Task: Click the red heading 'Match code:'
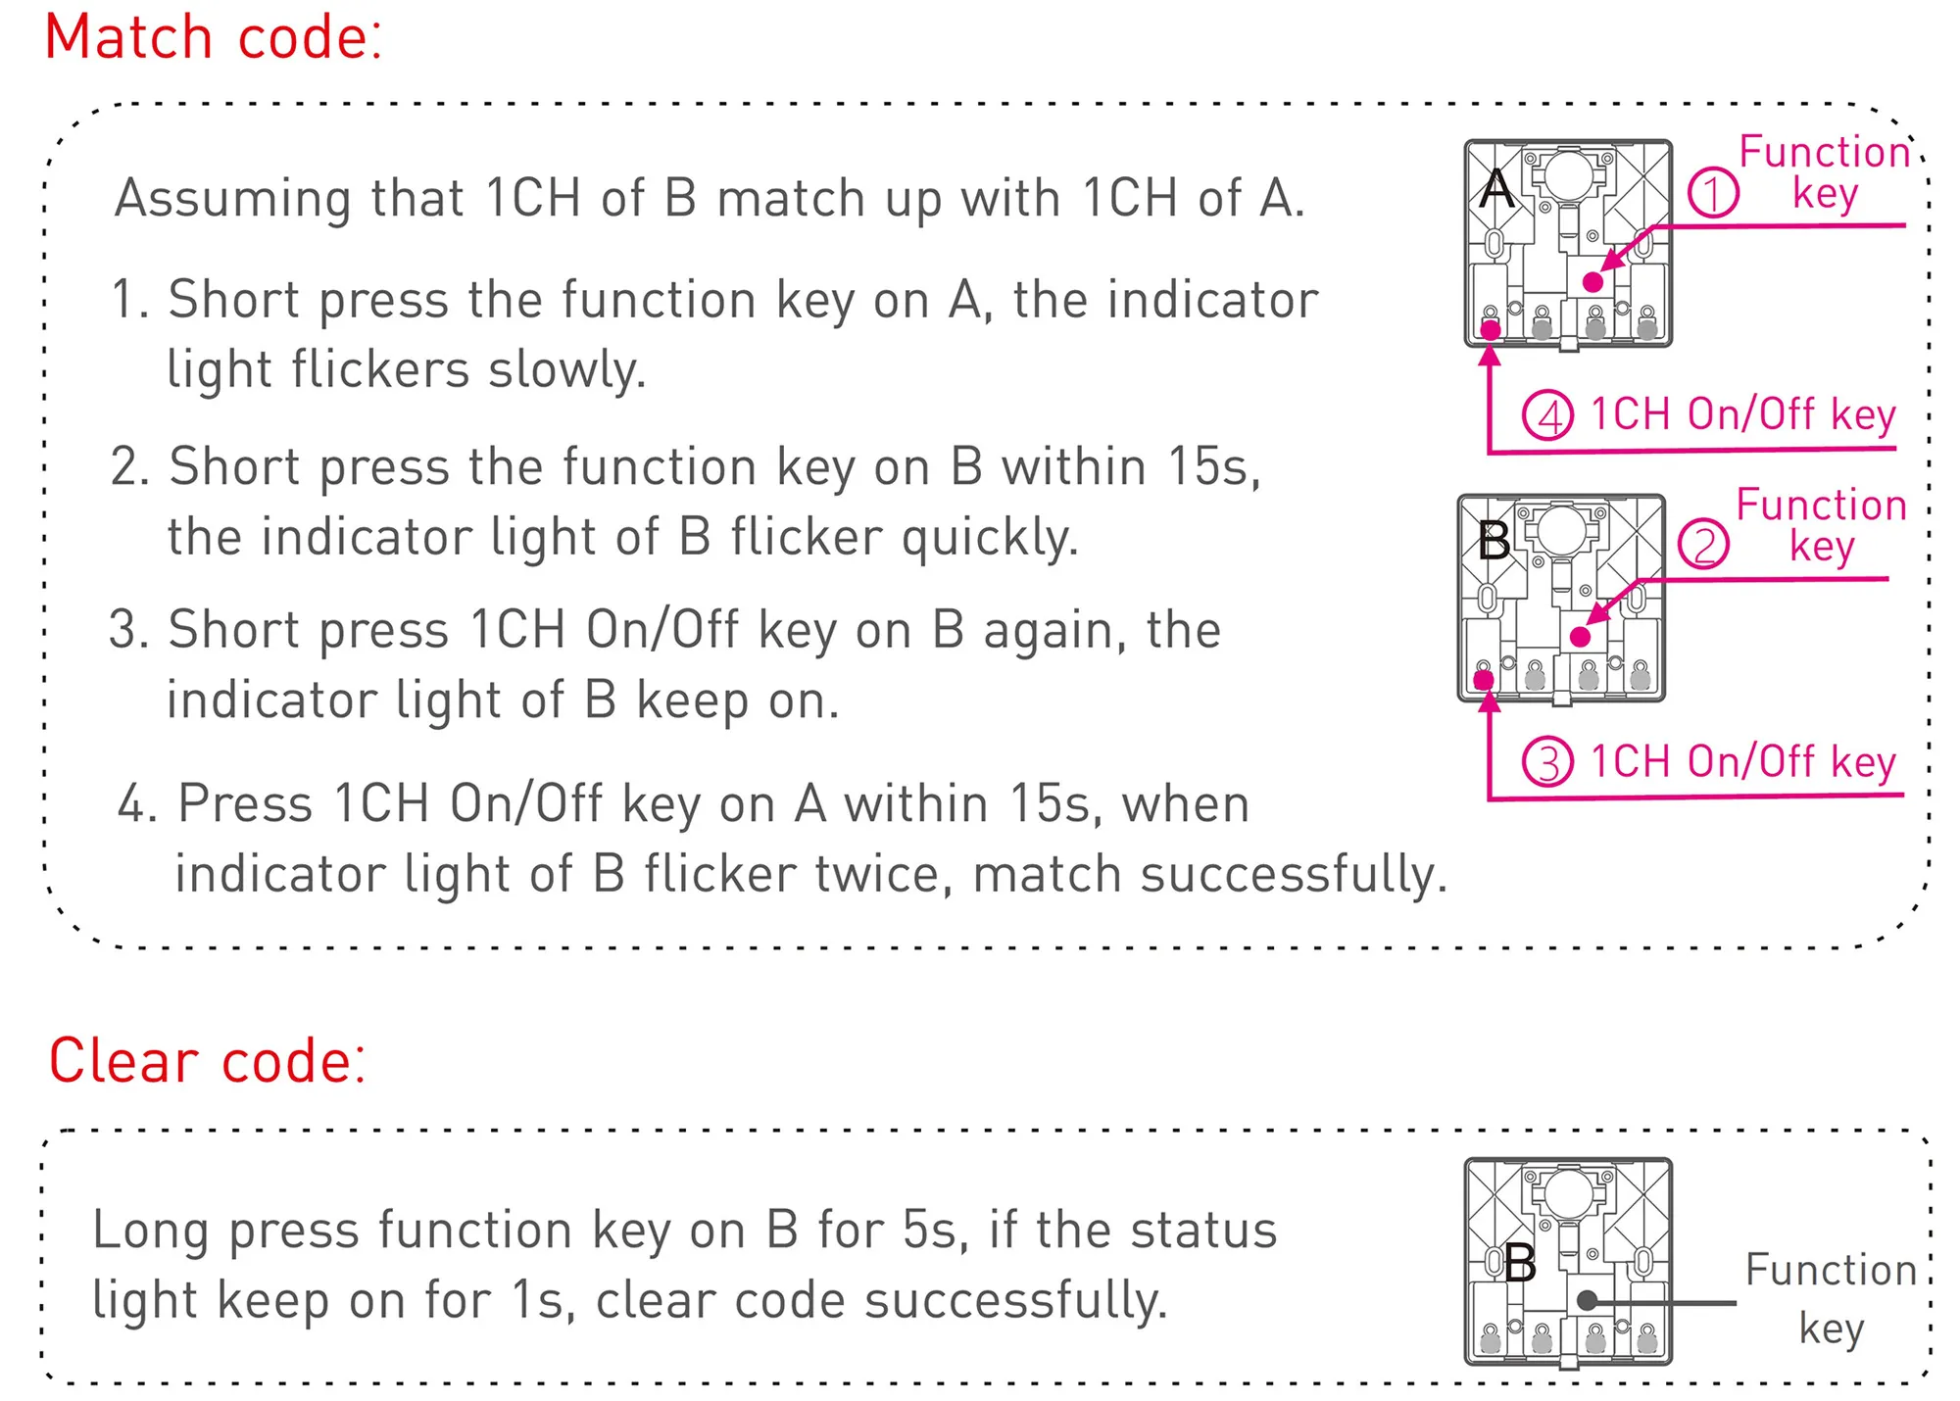click(x=214, y=38)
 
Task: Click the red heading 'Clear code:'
click(x=208, y=1061)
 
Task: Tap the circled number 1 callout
click(x=1713, y=192)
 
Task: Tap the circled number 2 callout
click(x=1703, y=545)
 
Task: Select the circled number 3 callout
click(x=1548, y=762)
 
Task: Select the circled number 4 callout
click(x=1548, y=414)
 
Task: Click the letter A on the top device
click(x=1496, y=188)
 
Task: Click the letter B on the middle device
click(x=1494, y=540)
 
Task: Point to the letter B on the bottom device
click(x=1520, y=1264)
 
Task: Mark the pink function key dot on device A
click(x=1593, y=282)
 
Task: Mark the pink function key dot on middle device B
click(x=1581, y=637)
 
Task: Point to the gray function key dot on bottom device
click(x=1588, y=1301)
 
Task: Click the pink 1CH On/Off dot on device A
click(x=1491, y=330)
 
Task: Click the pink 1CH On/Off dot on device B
click(x=1484, y=680)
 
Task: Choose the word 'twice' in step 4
click(x=878, y=874)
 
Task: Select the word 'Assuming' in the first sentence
click(x=232, y=200)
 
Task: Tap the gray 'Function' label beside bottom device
click(x=1830, y=1271)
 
